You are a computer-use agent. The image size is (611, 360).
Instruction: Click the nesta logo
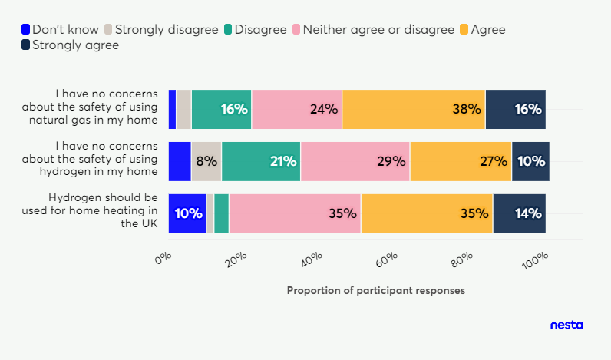pyautogui.click(x=566, y=325)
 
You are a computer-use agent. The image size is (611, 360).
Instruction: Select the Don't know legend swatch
pyautogui.click(x=26, y=29)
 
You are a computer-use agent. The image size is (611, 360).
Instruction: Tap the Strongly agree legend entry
pyautogui.click(x=70, y=45)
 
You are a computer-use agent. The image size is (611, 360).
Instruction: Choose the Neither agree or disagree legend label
pyautogui.click(x=378, y=30)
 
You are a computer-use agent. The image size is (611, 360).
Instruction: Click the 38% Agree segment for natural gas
pyautogui.click(x=414, y=109)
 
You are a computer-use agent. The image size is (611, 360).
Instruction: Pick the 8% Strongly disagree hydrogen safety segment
pyautogui.click(x=206, y=161)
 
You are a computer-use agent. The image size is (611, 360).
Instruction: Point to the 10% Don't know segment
pyautogui.click(x=187, y=213)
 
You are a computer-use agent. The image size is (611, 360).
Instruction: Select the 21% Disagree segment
pyautogui.click(x=261, y=161)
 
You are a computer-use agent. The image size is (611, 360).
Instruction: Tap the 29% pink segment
pyautogui.click(x=355, y=161)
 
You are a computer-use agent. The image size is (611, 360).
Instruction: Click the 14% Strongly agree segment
pyautogui.click(x=520, y=213)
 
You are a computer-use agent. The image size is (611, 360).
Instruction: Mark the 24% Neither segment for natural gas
pyautogui.click(x=297, y=109)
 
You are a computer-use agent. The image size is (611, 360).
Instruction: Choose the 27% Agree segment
pyautogui.click(x=461, y=161)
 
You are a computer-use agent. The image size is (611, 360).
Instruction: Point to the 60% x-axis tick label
pyautogui.click(x=387, y=259)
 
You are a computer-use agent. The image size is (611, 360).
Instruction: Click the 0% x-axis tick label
pyautogui.click(x=163, y=258)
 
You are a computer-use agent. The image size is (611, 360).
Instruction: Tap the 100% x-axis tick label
pyautogui.click(x=536, y=261)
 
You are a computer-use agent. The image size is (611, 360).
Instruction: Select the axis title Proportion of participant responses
pyautogui.click(x=376, y=291)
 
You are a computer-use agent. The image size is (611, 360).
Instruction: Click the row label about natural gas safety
pyautogui.click(x=90, y=107)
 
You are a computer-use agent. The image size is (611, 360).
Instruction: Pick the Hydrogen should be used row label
pyautogui.click(x=90, y=210)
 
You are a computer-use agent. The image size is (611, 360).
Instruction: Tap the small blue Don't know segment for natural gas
pyautogui.click(x=172, y=109)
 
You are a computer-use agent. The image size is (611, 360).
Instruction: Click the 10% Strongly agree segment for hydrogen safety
pyautogui.click(x=530, y=161)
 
